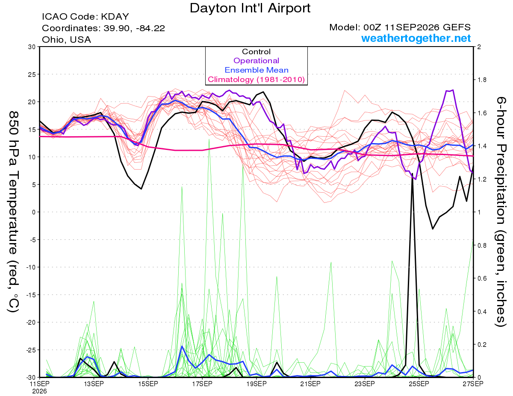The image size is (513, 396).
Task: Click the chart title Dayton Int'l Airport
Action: point(250,8)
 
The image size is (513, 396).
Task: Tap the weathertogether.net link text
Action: point(416,38)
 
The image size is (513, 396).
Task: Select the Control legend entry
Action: point(256,52)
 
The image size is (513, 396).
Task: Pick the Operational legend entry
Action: point(256,61)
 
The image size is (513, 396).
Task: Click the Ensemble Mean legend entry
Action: point(256,70)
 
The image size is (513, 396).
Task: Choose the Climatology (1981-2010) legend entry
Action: point(256,79)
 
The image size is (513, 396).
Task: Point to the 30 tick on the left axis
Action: point(32,47)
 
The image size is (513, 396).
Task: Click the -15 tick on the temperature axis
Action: point(31,295)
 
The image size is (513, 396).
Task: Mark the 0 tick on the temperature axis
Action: point(34,212)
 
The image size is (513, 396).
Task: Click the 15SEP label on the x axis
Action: point(148,384)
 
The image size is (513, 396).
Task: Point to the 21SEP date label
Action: point(310,384)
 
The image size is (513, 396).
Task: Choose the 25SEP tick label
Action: point(419,384)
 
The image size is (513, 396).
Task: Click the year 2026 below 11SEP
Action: point(39,392)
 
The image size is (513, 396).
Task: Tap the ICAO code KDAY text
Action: point(85,17)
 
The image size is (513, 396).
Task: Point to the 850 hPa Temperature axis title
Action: point(14,212)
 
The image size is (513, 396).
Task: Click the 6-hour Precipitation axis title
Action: point(501,211)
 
